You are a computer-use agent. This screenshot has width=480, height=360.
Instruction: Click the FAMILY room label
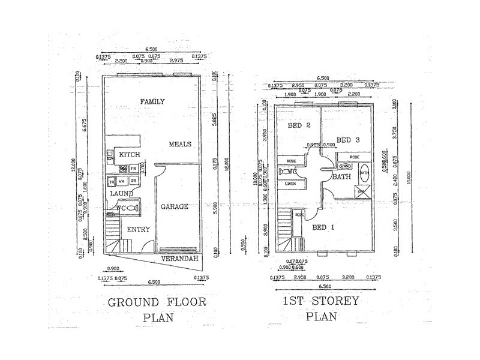tap(152, 102)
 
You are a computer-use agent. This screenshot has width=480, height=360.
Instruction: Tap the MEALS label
tap(180, 144)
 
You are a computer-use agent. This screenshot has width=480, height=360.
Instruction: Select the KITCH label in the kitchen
tap(129, 155)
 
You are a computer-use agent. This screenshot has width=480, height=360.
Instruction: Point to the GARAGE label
tap(175, 206)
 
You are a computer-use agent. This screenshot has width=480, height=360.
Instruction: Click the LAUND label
tap(121, 194)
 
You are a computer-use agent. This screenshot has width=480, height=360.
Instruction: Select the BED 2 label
tap(299, 126)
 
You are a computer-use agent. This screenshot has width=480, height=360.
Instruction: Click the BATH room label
tap(341, 177)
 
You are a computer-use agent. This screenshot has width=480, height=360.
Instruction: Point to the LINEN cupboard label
tap(291, 182)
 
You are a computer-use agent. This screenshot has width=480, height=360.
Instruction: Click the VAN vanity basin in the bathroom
tap(345, 166)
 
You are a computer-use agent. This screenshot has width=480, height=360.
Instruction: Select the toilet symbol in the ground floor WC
tap(133, 208)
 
